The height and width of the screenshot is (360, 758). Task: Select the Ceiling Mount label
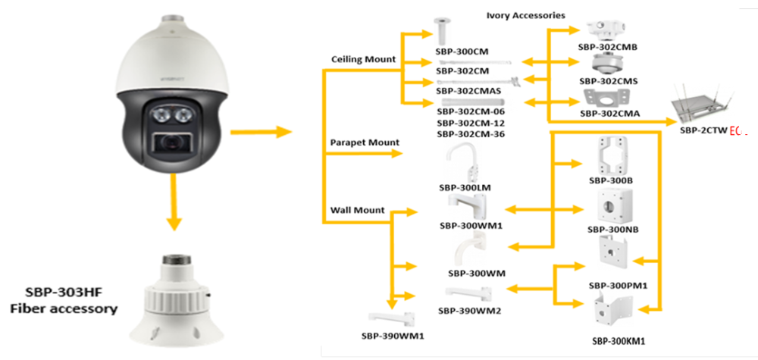coord(364,59)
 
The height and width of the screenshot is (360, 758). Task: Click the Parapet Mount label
coord(365,142)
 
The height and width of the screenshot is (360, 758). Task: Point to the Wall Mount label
coord(358,210)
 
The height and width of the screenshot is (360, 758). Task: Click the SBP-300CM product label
coord(461,52)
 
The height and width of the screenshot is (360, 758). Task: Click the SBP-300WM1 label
coord(471,225)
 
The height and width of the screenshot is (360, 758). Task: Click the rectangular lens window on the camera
coord(175,141)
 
